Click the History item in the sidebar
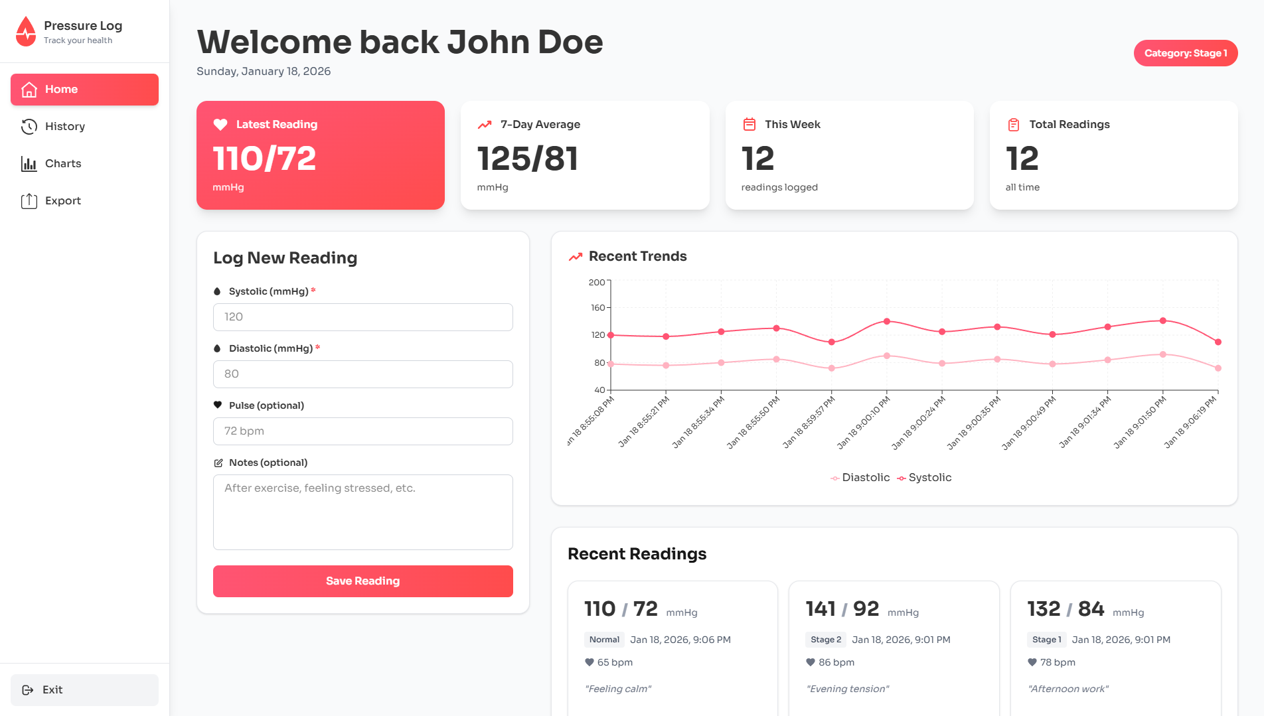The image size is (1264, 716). (64, 127)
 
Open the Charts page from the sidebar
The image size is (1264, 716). (63, 164)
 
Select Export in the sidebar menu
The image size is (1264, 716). (62, 201)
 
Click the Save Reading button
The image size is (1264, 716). (362, 581)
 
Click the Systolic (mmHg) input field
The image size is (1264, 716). (362, 317)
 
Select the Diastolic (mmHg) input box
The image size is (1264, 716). (362, 374)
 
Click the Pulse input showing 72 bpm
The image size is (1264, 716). (362, 431)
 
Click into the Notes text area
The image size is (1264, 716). (362, 512)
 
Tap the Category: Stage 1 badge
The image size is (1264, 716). (1185, 53)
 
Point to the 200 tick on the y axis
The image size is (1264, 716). (597, 283)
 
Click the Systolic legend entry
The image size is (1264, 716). (924, 478)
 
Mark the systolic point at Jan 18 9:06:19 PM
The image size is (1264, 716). (1218, 342)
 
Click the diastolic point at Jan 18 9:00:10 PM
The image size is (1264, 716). (886, 356)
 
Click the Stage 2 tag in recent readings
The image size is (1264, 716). (825, 640)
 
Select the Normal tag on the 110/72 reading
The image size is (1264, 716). (604, 640)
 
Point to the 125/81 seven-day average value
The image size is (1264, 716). (528, 159)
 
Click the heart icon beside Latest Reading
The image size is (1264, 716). (220, 125)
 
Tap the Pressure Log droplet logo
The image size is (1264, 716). (26, 32)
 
